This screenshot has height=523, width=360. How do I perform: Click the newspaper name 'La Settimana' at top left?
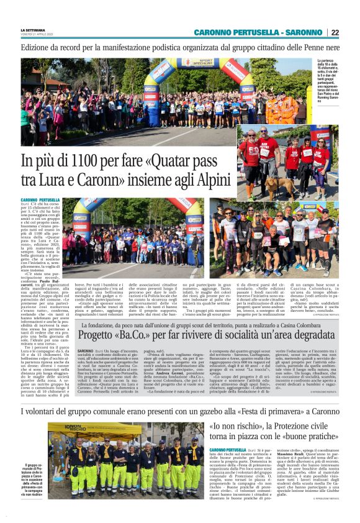(x=32, y=30)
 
